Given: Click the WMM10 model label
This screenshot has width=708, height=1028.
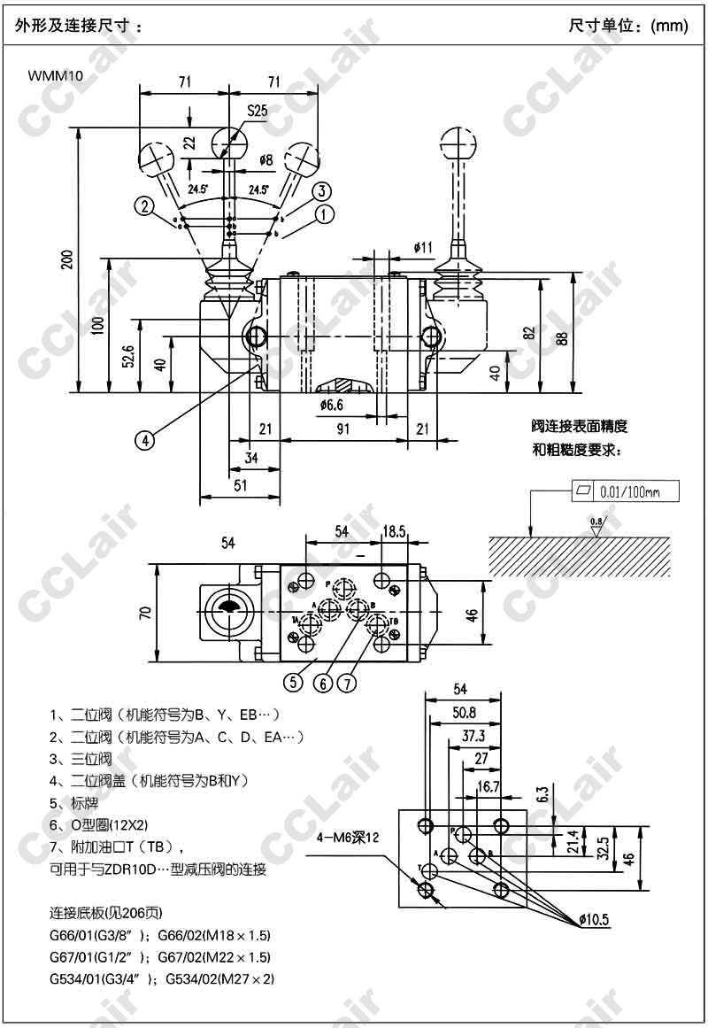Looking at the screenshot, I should click(56, 76).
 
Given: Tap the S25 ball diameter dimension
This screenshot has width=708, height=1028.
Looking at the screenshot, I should click(257, 111).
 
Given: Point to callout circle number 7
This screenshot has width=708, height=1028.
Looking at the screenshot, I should click(348, 683).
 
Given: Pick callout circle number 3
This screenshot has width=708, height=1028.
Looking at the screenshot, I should click(321, 191).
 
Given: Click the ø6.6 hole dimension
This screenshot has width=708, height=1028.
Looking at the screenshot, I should click(332, 405).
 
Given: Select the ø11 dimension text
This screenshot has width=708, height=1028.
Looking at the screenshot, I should click(422, 246).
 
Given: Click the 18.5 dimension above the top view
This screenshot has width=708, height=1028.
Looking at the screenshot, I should click(394, 530).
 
